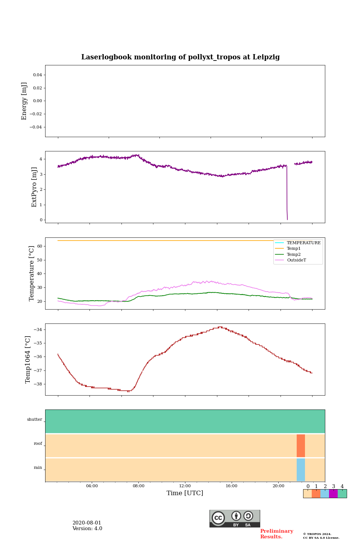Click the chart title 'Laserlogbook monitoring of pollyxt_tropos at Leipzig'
pos(180,57)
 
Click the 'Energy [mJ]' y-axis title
pos(24,101)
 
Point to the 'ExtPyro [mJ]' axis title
pos(34,187)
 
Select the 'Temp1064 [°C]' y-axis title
pos(28,360)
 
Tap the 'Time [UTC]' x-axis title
pos(185,493)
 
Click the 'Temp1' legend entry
pos(294,249)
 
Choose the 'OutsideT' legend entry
pos(296,260)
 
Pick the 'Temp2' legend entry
pos(294,254)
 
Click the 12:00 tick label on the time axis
pos(185,486)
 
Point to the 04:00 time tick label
pos(92,486)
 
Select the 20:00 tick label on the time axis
pos(278,486)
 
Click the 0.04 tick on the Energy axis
pos(37,75)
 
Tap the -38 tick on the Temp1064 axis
pos(38,384)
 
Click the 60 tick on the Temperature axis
pos(39,246)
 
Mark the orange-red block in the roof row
pos(301,446)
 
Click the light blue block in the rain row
pos(301,470)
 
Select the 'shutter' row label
pos(35,420)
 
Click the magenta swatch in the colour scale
pos(333,494)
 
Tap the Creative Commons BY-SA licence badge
pos(235,518)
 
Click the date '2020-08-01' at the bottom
pos(87,523)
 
